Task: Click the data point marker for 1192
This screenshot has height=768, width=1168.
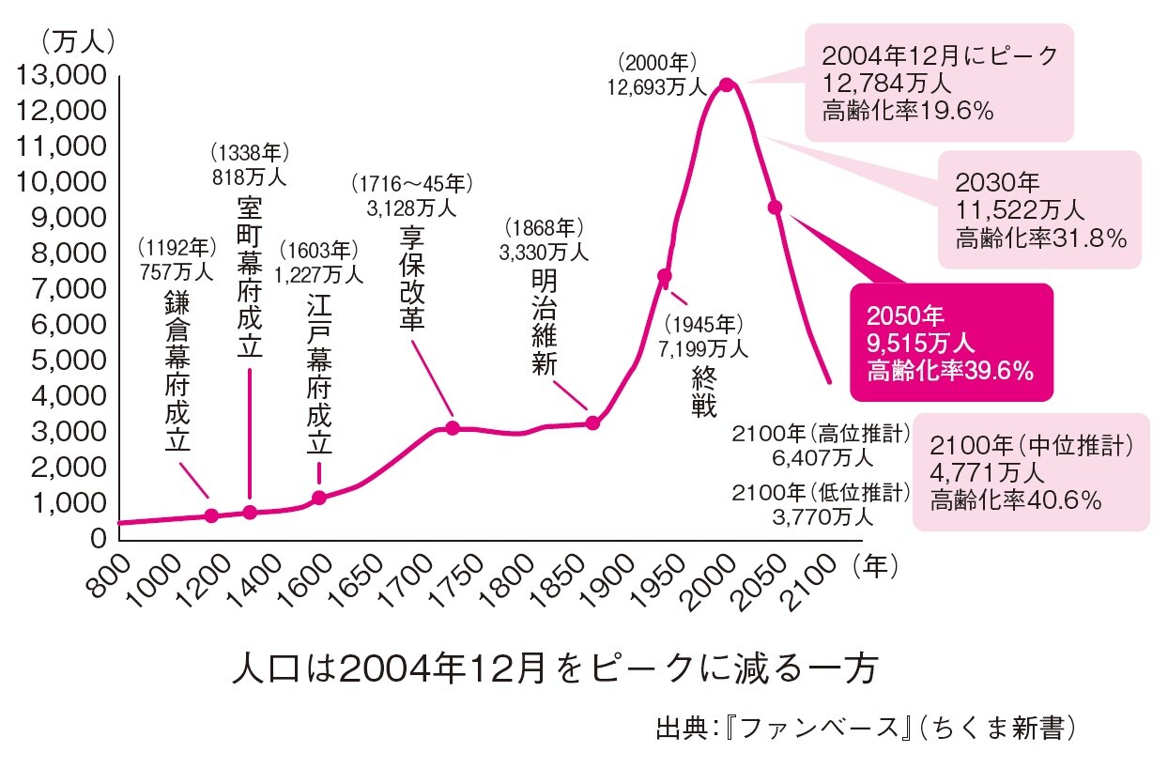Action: [x=211, y=515]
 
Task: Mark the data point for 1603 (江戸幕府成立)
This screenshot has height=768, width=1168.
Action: [x=318, y=497]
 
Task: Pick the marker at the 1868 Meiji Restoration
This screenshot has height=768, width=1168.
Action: [x=592, y=422]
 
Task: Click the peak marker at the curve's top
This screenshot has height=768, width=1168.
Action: [x=726, y=84]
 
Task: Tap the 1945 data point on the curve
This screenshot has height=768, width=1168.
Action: [x=664, y=276]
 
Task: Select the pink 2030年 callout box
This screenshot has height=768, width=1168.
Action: [x=1039, y=208]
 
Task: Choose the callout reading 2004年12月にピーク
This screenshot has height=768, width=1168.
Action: [x=939, y=83]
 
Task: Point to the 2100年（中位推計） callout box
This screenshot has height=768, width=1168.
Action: [x=1031, y=472]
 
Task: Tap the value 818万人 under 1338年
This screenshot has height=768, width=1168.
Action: [x=250, y=176]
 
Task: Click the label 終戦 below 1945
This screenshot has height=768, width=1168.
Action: [x=703, y=393]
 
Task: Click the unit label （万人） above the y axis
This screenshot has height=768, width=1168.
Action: [x=77, y=41]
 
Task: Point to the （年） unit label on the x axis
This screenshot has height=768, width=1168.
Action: [x=875, y=566]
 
